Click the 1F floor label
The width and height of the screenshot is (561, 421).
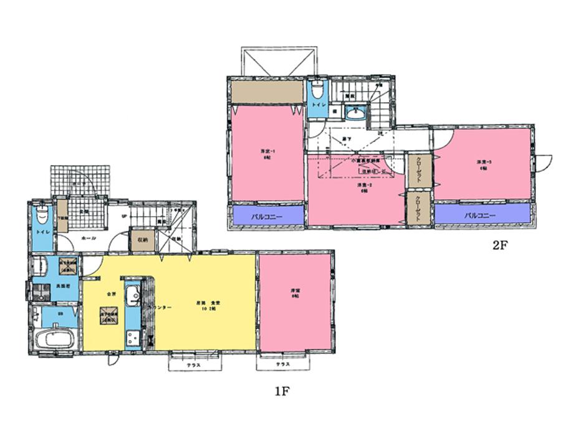282,392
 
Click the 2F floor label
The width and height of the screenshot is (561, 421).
502,245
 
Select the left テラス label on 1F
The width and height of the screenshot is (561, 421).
193,365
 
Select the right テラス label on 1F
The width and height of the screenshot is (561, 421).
283,364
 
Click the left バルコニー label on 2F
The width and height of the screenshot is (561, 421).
267,217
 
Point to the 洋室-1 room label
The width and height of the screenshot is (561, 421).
267,153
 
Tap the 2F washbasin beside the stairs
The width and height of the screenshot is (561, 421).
355,114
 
